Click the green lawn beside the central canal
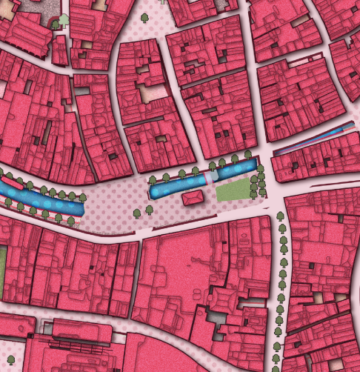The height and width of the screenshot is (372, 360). coord(233,190)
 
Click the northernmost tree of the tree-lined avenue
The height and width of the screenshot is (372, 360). coord(280,216)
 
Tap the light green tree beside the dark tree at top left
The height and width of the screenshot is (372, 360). coord(64,20)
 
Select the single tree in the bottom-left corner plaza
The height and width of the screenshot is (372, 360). coord(10,360)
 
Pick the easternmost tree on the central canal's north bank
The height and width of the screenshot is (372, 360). coord(248,154)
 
